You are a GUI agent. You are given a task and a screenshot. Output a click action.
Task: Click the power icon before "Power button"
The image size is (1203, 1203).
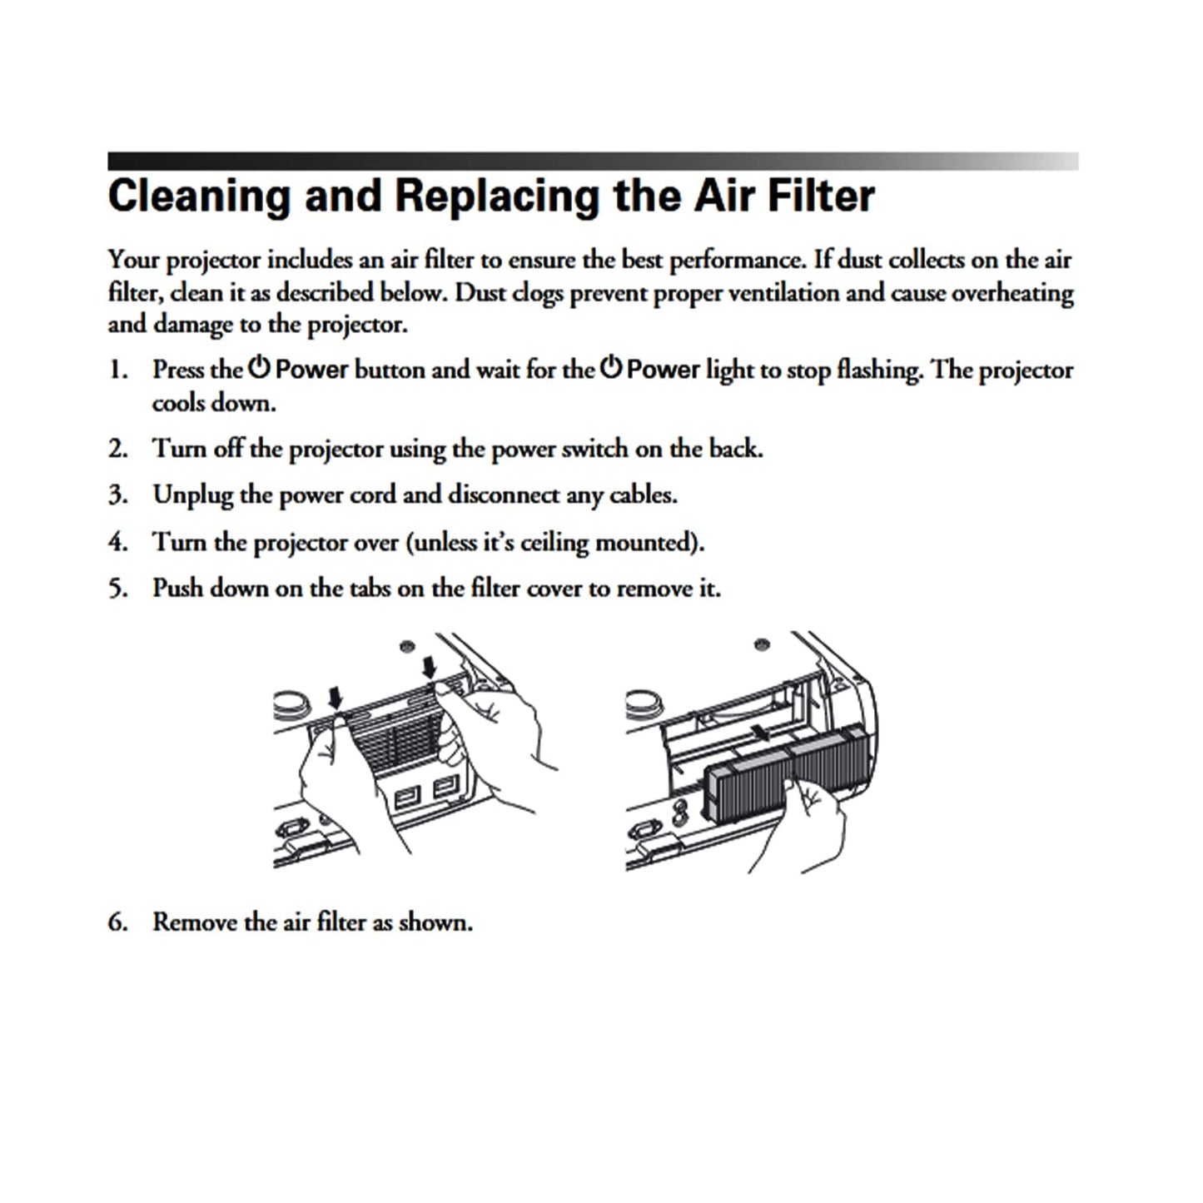click(259, 367)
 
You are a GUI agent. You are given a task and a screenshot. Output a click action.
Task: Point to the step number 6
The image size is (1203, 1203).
click(117, 922)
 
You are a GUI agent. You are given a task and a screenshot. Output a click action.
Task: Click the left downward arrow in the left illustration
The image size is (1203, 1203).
click(336, 697)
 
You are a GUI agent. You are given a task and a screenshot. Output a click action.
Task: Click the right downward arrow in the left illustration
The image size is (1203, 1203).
click(429, 668)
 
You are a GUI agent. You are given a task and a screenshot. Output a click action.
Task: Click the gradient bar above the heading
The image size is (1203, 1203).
click(593, 161)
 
